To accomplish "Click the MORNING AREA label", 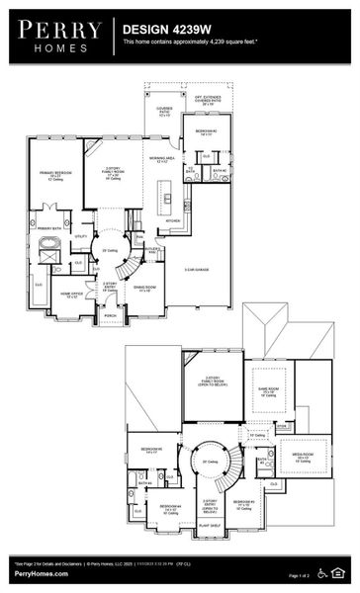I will tap(162, 158).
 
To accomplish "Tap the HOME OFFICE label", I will tap(69, 295).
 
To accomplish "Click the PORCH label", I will tap(112, 318).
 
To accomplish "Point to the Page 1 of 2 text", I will tap(298, 574).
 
